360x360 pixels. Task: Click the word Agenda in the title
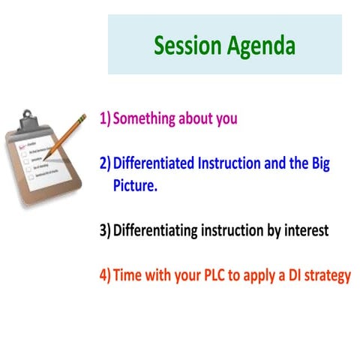259,47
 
